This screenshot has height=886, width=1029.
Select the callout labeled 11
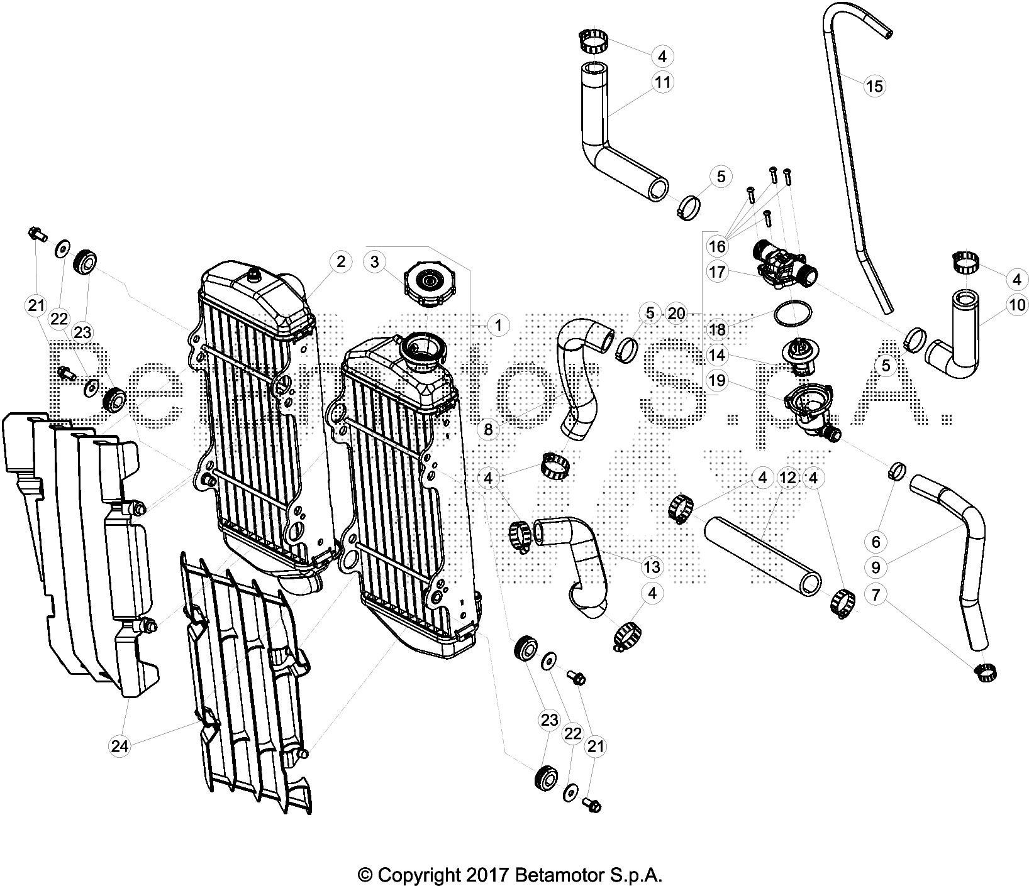662,82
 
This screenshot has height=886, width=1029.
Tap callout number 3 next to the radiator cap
375,262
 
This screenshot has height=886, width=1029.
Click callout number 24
120,746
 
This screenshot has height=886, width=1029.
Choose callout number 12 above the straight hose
787,478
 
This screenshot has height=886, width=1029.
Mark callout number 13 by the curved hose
652,567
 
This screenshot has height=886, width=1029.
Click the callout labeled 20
676,313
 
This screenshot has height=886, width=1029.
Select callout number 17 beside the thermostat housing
717,273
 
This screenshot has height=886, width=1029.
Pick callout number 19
717,380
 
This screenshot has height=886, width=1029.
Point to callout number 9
876,567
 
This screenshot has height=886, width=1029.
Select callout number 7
876,594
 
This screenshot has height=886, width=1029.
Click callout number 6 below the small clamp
876,541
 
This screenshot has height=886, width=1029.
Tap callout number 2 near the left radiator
340,262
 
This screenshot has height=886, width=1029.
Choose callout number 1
498,325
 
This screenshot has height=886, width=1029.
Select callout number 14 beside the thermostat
717,355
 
